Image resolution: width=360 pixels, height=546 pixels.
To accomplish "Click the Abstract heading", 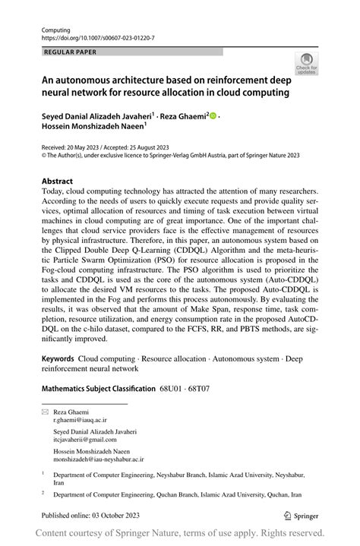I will tap(57, 181).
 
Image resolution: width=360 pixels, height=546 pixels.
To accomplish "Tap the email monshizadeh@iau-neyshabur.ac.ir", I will tap(98, 459).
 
